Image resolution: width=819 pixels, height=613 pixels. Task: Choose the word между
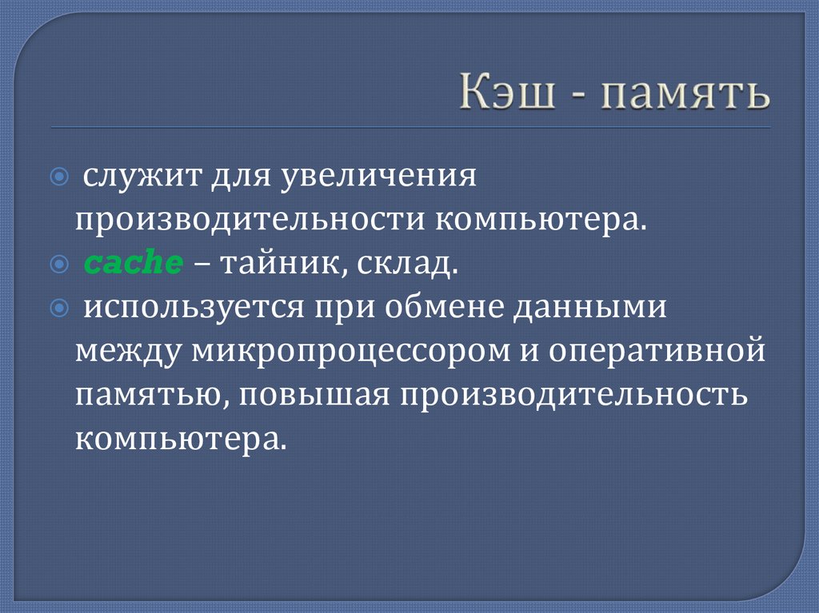pyautogui.click(x=127, y=352)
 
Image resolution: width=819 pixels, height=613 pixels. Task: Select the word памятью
pyautogui.click(x=146, y=396)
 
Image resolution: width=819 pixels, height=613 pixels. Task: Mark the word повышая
pyautogui.click(x=307, y=396)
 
